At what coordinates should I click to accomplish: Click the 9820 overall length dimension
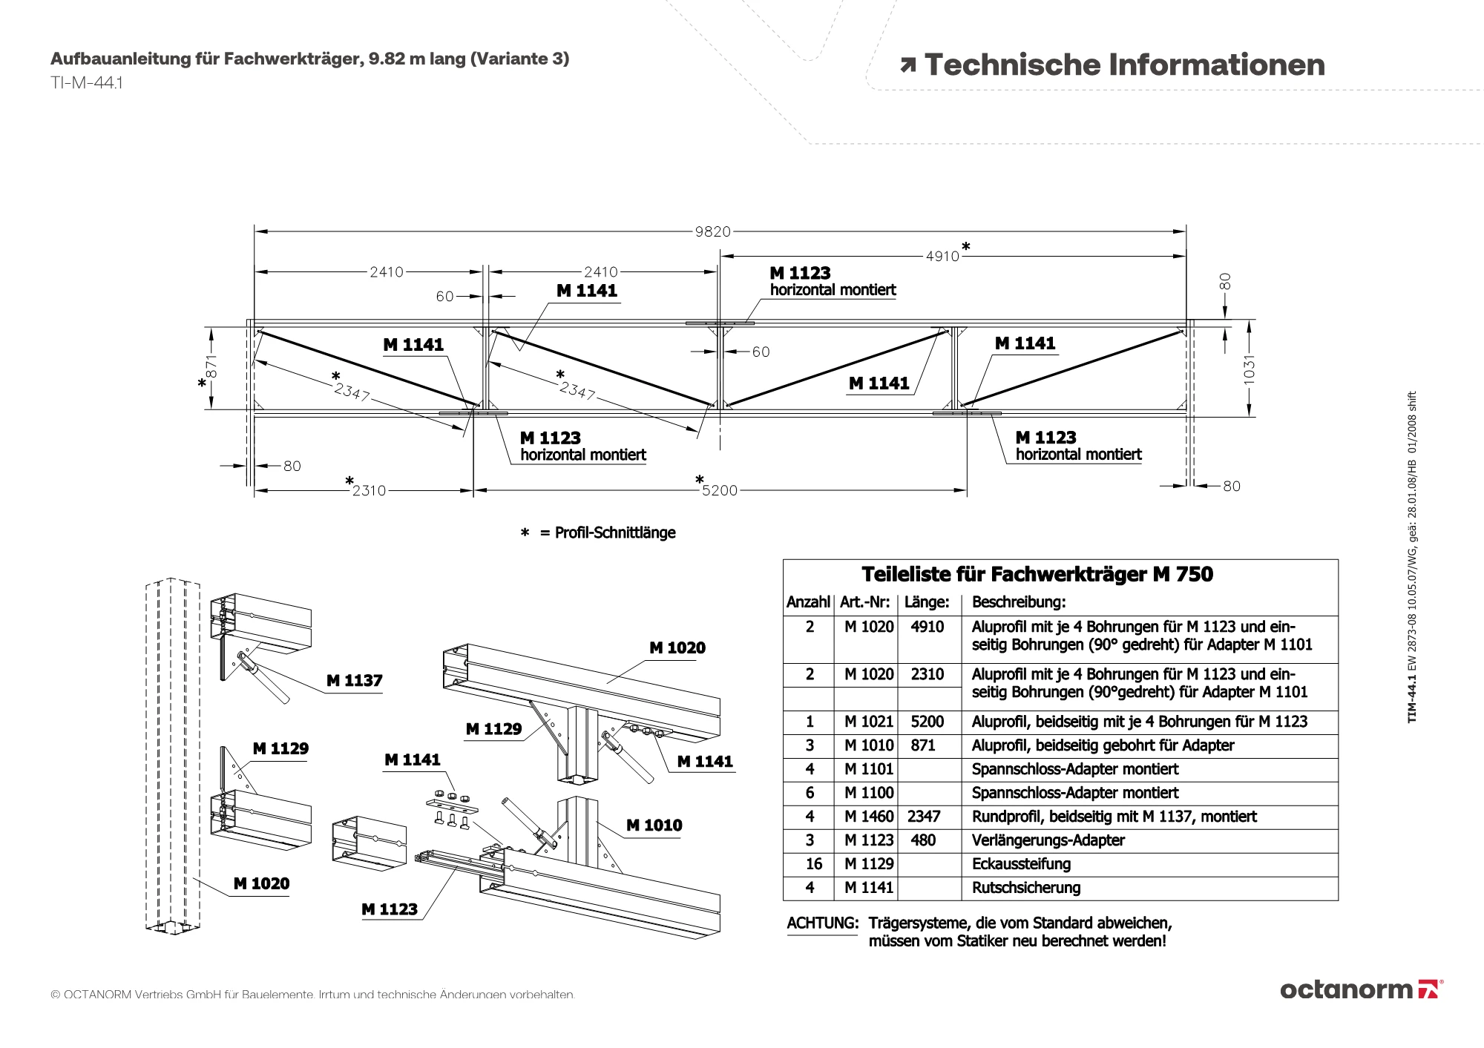coord(712,231)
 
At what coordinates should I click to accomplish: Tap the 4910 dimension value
coord(942,256)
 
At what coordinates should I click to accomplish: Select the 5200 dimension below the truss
coord(720,490)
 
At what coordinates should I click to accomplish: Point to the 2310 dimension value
coord(369,490)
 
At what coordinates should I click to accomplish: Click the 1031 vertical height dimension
coord(1250,369)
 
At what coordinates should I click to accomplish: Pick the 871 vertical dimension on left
coord(211,366)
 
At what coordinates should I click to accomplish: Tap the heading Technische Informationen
coord(1124,65)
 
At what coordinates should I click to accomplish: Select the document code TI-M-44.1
coord(86,83)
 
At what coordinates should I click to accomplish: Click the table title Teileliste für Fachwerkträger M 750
coord(1037,574)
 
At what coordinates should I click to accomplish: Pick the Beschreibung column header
coord(1018,602)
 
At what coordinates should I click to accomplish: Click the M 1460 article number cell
coord(868,817)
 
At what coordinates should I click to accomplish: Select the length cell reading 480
coord(923,840)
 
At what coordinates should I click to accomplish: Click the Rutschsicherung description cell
coord(1025,888)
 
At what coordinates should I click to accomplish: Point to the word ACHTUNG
coord(822,923)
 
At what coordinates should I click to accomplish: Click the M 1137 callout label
coord(354,680)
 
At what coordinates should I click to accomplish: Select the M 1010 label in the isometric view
coord(654,825)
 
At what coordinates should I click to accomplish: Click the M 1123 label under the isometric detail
coord(389,909)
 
